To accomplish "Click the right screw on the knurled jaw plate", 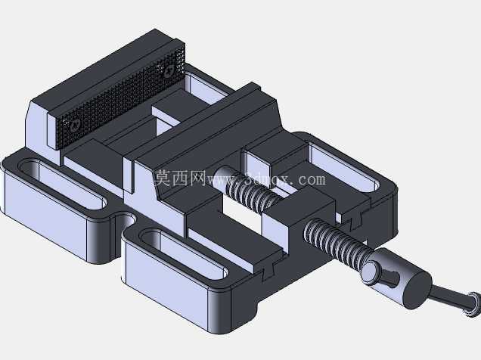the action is pyautogui.click(x=169, y=72).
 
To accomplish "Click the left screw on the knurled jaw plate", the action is pyautogui.click(x=75, y=125).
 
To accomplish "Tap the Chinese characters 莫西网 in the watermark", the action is pyautogui.click(x=180, y=178).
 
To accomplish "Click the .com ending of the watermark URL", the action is pyautogui.click(x=310, y=180).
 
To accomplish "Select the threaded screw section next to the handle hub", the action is pyautogui.click(x=337, y=242).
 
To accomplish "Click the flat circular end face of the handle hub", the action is pyautogui.click(x=417, y=290).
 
